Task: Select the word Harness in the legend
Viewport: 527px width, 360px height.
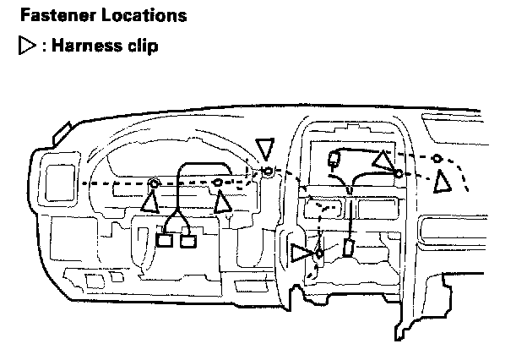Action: point(84,45)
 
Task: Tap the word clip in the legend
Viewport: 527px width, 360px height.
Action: point(141,45)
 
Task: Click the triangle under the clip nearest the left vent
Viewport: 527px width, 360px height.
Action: point(150,202)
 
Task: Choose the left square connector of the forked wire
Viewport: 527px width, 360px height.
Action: point(165,241)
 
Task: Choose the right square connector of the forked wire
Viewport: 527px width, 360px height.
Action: point(188,241)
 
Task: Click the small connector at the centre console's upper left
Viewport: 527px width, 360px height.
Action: point(334,156)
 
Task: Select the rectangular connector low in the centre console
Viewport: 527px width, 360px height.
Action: point(348,248)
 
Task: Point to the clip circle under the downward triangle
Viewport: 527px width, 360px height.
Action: point(268,172)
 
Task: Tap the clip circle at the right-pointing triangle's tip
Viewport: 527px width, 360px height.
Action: point(319,253)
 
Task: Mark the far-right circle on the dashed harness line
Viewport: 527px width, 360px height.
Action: point(437,158)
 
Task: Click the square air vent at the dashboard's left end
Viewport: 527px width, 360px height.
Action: point(58,183)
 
